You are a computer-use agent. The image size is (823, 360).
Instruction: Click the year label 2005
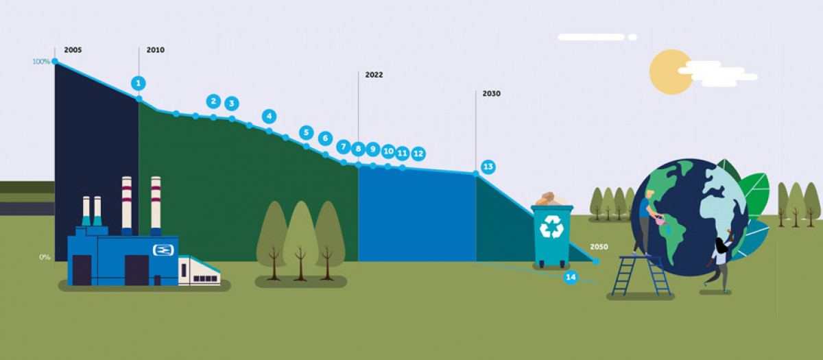(x=73, y=50)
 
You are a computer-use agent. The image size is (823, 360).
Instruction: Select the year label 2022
(x=374, y=75)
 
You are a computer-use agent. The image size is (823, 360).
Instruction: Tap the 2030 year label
(x=491, y=93)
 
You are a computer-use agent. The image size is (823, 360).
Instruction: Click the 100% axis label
(x=41, y=62)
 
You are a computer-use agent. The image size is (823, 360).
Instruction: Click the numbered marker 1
(x=139, y=83)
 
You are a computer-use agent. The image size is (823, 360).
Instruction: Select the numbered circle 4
(x=269, y=117)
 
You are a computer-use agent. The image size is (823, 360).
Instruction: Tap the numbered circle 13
(x=488, y=167)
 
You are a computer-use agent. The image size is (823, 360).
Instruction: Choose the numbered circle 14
(x=569, y=277)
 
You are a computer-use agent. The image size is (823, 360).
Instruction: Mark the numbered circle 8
(x=357, y=148)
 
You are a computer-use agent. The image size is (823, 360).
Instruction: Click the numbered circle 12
(x=418, y=153)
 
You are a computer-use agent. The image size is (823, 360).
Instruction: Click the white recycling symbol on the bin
(x=551, y=226)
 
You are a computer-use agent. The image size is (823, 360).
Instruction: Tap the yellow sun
(x=670, y=71)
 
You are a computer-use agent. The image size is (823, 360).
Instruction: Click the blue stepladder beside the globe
(x=639, y=274)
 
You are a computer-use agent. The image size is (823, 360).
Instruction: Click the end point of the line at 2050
(x=595, y=261)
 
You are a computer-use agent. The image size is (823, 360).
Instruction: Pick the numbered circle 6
(x=325, y=138)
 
